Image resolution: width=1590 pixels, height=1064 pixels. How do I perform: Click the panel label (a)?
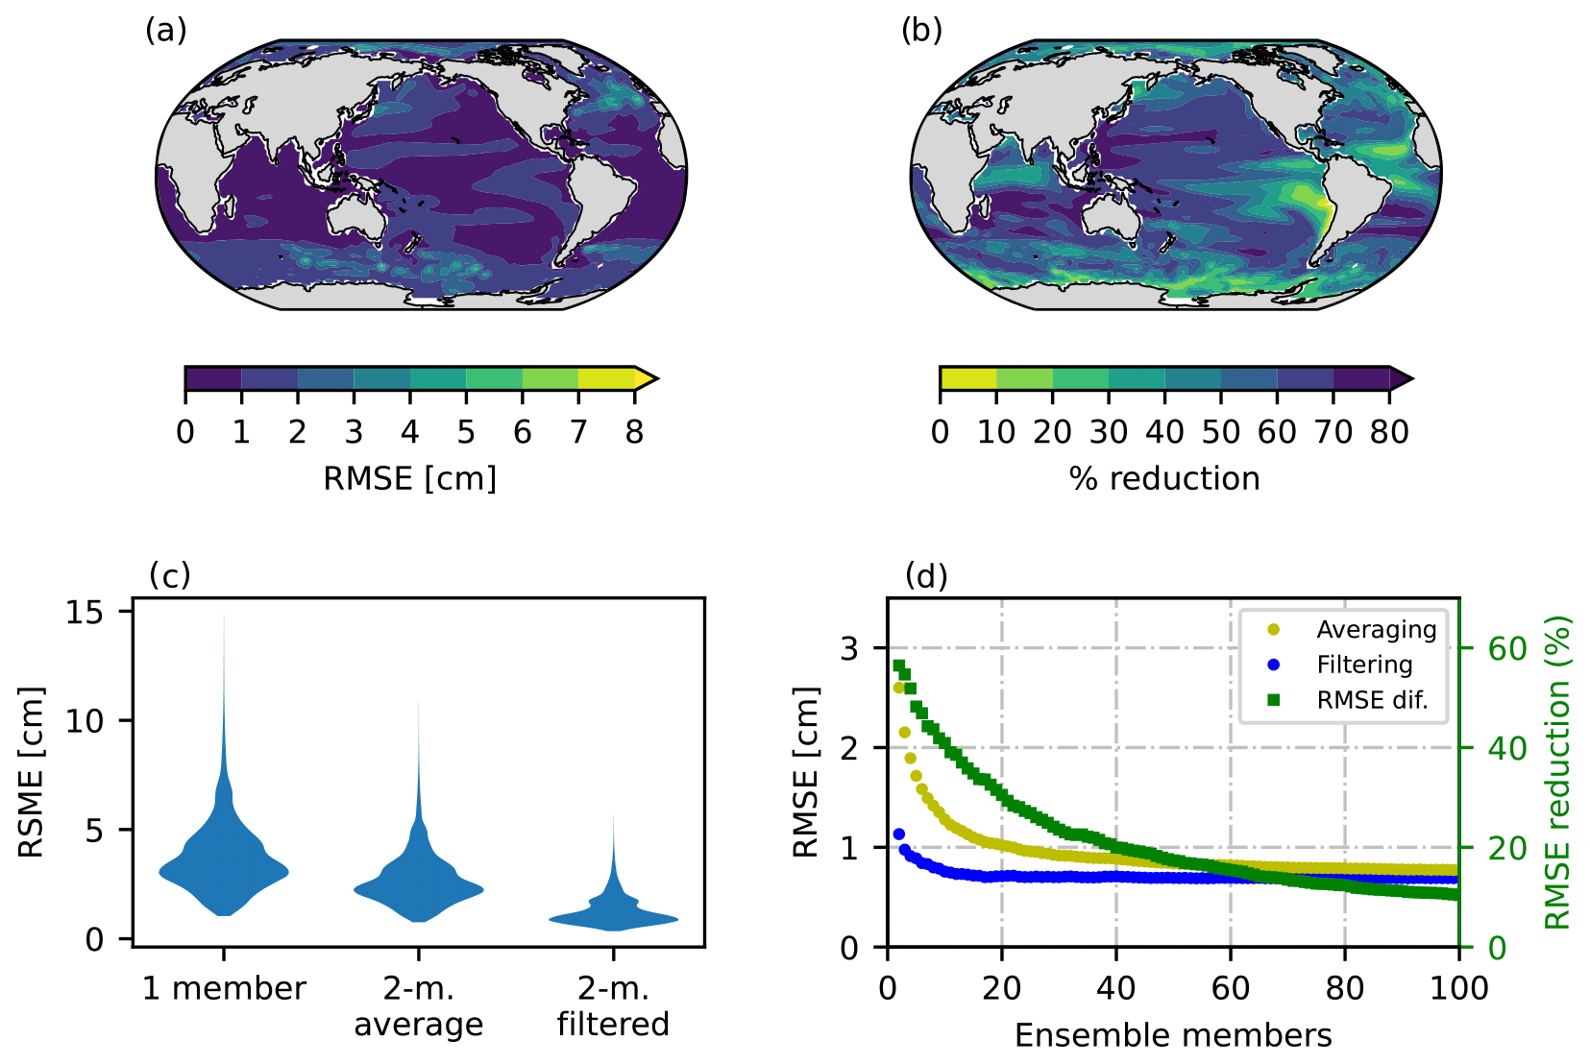coord(165,31)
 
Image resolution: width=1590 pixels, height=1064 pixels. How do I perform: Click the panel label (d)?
coord(926,576)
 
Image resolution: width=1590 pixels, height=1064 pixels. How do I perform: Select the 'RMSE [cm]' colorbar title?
coord(409,478)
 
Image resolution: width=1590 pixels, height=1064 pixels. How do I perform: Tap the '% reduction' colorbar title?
coord(1164,478)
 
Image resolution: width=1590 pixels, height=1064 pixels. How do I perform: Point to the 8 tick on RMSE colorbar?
coord(634,432)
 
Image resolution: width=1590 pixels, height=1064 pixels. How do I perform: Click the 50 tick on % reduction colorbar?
coord(1220,432)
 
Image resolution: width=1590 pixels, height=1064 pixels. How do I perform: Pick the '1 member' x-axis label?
coord(224,988)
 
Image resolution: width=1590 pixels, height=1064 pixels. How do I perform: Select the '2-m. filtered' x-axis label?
coord(613,1005)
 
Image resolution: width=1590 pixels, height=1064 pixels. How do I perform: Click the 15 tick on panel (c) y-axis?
coord(85,612)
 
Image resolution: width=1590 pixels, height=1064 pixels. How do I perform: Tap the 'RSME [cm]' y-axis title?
coord(32,772)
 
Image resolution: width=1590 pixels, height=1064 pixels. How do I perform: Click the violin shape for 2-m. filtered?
coord(614,912)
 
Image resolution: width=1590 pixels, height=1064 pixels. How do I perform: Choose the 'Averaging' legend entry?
coord(1376,630)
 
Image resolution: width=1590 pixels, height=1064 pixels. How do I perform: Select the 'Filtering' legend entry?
coord(1364,665)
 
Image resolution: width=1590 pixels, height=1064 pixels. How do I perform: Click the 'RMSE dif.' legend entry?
coord(1372,700)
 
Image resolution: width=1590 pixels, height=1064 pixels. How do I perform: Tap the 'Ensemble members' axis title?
coord(1173,1035)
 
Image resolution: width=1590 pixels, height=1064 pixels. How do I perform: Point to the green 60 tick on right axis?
coord(1506,648)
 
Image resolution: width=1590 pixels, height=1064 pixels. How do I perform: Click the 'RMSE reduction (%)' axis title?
coord(1557,772)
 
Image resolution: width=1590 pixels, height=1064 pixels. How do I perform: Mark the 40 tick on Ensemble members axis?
coord(1115,987)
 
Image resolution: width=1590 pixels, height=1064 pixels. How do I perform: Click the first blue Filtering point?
coord(899,834)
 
